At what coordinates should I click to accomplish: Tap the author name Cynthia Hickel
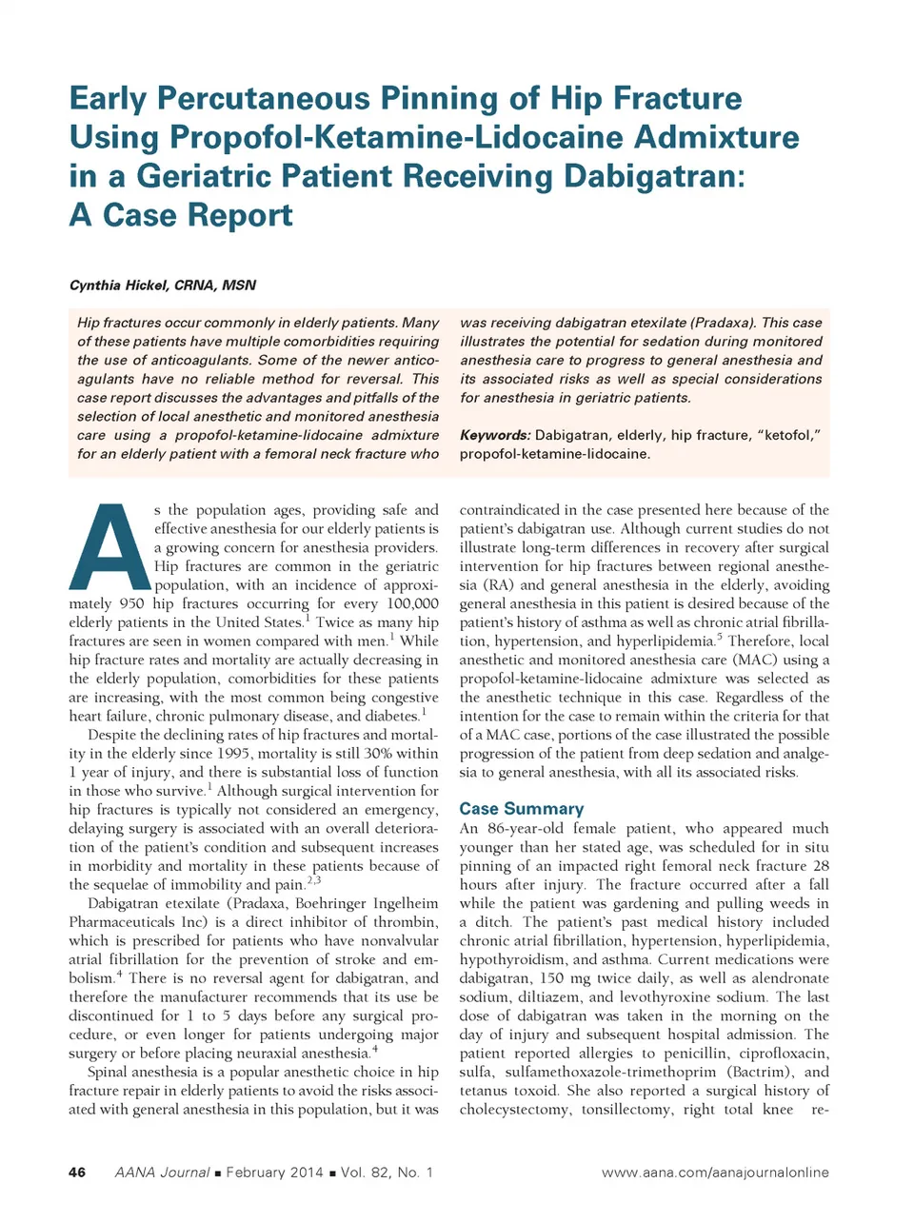coord(120,286)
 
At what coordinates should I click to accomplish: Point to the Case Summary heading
coord(521,809)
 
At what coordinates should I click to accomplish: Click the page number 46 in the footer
coord(77,1173)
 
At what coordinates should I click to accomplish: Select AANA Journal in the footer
coord(162,1173)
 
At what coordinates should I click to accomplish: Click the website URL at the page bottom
coord(715,1173)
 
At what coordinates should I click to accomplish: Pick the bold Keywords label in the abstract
coord(494,435)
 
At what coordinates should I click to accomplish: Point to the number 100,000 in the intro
coord(412,603)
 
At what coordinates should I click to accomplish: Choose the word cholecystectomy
coord(515,1110)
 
